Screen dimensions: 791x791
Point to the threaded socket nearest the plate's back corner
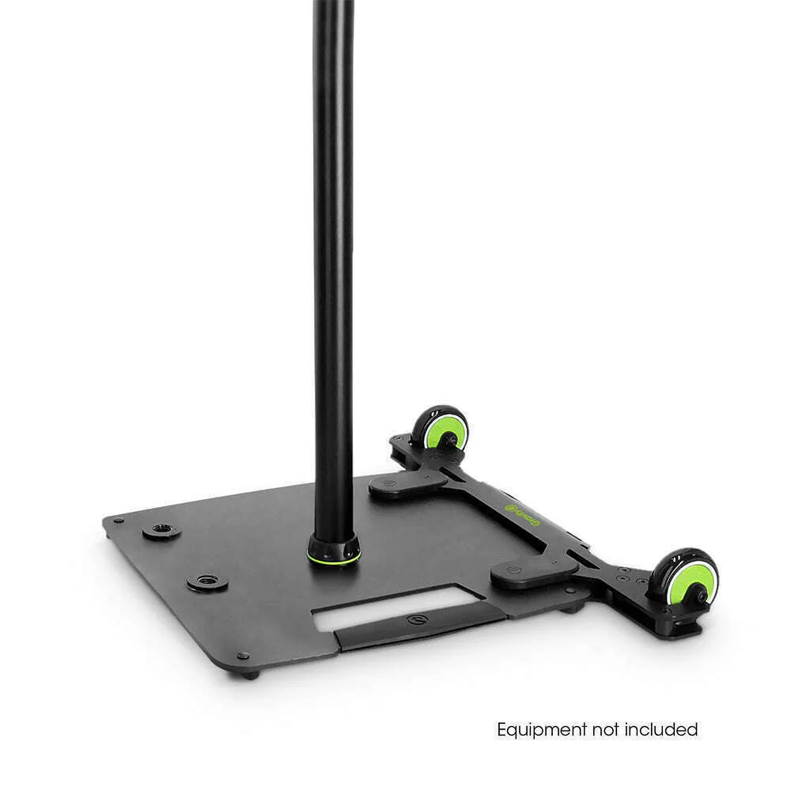(x=162, y=528)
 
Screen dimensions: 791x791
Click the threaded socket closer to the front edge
(x=207, y=582)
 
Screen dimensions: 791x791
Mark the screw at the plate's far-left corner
(x=118, y=520)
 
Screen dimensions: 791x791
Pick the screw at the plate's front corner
(x=243, y=656)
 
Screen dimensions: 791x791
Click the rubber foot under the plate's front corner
(x=251, y=673)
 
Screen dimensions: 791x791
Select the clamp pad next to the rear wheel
(x=408, y=483)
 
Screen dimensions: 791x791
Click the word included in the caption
(x=663, y=729)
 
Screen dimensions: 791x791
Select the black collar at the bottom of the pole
(x=333, y=546)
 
